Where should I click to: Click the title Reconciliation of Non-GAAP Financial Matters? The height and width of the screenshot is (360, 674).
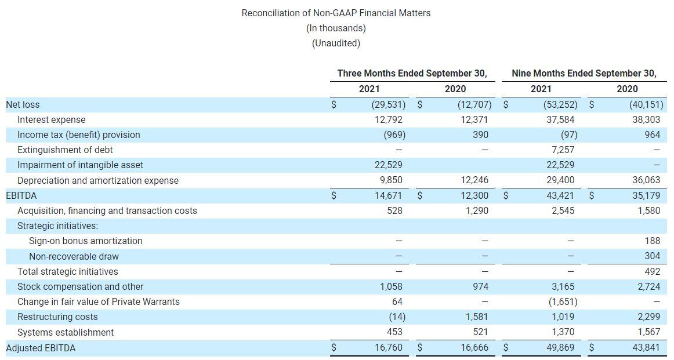[336, 13]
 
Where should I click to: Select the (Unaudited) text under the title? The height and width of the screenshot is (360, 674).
[336, 43]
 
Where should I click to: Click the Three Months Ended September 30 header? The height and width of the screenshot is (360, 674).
[412, 74]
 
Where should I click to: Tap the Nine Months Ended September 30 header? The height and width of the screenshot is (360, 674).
[584, 74]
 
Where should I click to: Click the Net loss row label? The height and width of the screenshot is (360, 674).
[23, 104]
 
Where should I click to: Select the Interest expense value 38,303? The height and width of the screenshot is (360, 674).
[645, 119]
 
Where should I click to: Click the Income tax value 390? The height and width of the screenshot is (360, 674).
[480, 134]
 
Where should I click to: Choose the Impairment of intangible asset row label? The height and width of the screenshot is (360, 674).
[80, 165]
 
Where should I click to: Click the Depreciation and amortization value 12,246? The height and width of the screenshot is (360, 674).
[475, 180]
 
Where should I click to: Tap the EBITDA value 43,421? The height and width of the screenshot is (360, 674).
[560, 195]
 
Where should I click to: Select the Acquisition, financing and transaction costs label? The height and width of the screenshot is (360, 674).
[107, 210]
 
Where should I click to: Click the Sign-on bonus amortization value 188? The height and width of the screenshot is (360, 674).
[652, 241]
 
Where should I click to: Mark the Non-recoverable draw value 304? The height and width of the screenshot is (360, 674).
[652, 256]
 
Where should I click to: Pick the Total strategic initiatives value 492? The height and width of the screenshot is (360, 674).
[652, 271]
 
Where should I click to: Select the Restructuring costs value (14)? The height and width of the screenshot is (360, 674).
[394, 317]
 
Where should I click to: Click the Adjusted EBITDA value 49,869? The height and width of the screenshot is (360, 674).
[560, 348]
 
